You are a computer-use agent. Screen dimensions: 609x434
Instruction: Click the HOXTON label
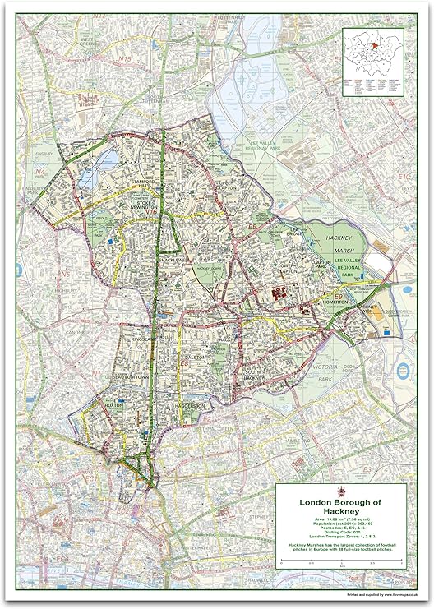[x=113, y=405]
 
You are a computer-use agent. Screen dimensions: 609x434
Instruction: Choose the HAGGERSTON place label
[x=189, y=408]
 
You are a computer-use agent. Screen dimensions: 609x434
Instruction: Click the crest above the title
[x=339, y=491]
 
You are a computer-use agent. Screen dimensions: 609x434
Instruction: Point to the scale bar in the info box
[x=339, y=561]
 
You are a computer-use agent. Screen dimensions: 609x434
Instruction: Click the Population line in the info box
[x=339, y=524]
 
